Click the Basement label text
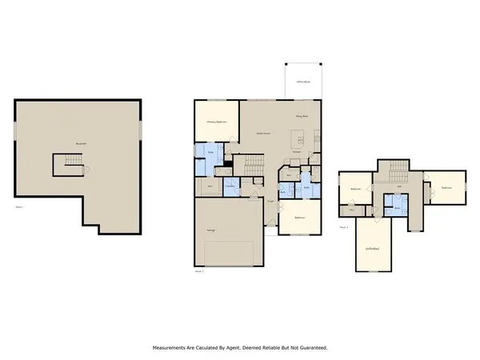pyautogui.click(x=80, y=144)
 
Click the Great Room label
pyautogui.click(x=261, y=134)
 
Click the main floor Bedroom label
pyautogui.click(x=298, y=217)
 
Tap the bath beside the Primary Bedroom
pyautogui.click(x=211, y=152)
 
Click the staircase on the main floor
pyautogui.click(x=255, y=166)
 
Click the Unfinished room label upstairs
pyautogui.click(x=373, y=250)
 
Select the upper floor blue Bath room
pyautogui.click(x=398, y=207)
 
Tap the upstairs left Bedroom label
pyautogui.click(x=355, y=189)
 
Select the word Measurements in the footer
pyautogui.click(x=174, y=348)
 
